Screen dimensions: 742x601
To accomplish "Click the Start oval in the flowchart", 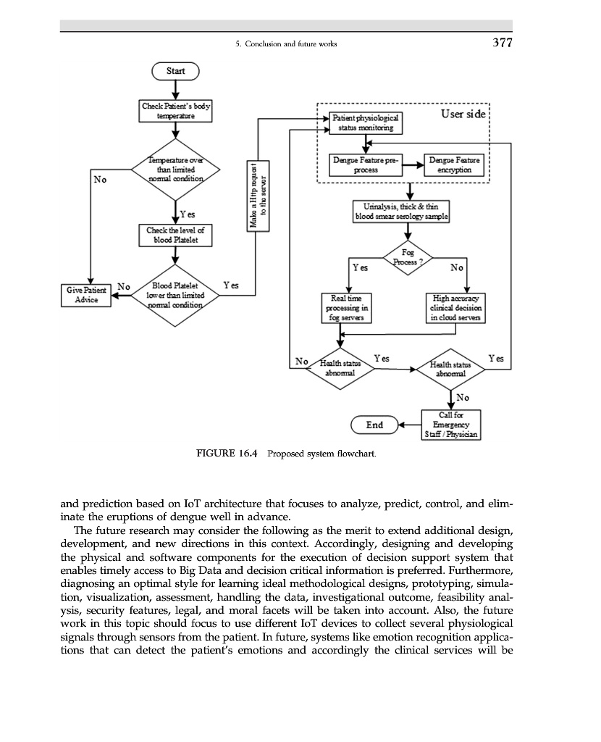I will click(175, 71).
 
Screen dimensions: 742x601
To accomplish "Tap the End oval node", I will click(374, 425).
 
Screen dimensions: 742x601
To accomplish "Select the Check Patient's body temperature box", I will click(176, 111).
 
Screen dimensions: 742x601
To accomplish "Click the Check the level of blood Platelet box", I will click(176, 235).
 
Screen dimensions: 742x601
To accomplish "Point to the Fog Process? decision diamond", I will click(408, 257).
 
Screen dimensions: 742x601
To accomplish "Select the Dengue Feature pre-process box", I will click(366, 164).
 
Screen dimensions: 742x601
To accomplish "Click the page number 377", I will click(502, 43).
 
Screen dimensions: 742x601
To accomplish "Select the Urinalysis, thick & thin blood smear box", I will click(402, 212).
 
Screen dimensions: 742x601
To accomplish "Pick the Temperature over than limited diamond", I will click(176, 169).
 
